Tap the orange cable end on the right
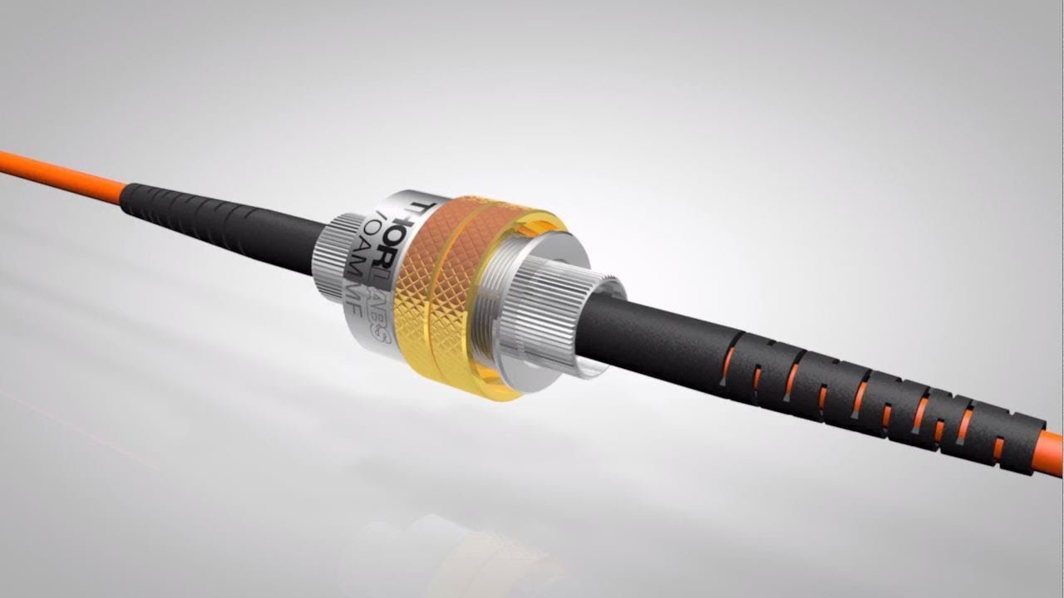[1051, 453]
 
